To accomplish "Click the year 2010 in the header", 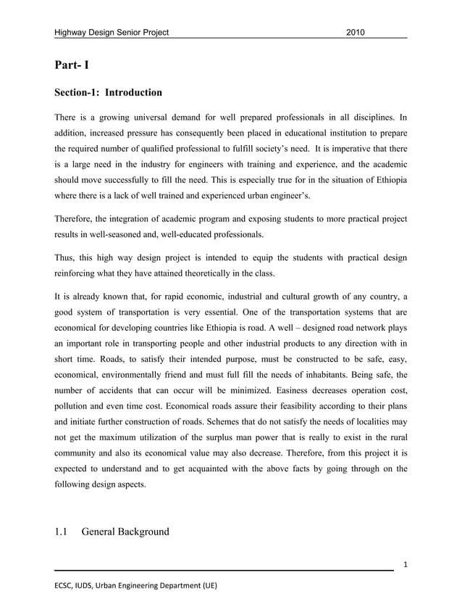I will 356,33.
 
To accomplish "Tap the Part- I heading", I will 72,66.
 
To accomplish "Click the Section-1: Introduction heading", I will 108,93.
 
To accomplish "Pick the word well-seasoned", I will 119,236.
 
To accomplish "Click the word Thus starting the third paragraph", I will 66,259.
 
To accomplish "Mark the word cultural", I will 293,297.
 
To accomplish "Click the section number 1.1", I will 62,532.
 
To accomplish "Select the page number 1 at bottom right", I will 402,563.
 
